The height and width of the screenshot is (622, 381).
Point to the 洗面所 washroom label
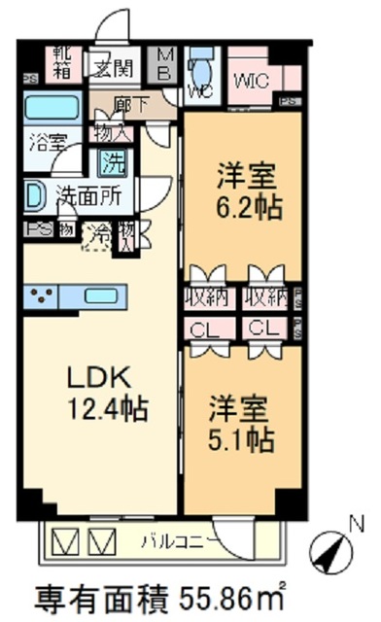pos(87,194)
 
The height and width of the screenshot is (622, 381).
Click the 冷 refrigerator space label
pos(98,234)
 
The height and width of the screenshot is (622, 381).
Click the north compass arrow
pos(333,555)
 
